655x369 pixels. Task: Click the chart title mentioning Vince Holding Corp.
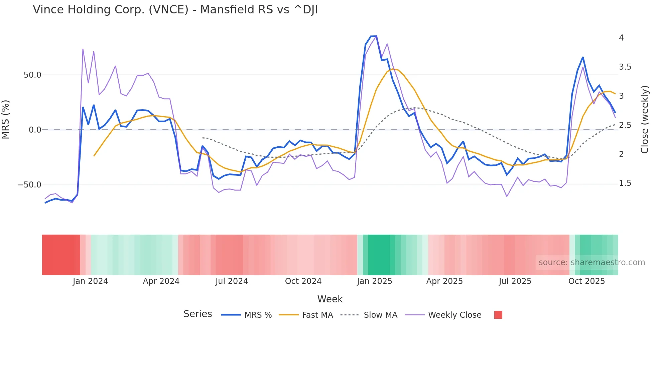point(175,10)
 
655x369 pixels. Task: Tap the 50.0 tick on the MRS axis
point(32,75)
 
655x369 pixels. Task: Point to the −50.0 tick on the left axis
point(29,185)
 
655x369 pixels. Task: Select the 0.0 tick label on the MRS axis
point(35,130)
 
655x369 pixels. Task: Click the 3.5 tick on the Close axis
point(625,67)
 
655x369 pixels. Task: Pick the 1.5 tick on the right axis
point(625,183)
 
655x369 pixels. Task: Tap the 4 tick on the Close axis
point(621,38)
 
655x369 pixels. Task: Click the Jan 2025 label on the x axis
point(374,281)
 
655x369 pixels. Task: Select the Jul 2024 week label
point(232,281)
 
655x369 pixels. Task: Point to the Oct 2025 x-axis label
point(586,281)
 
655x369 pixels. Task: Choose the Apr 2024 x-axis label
point(161,281)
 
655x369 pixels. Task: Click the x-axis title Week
point(330,299)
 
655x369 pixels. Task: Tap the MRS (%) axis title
point(6,120)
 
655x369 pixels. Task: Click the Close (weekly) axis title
point(645,120)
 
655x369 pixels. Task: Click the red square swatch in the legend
point(498,315)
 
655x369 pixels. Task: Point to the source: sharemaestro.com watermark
point(592,263)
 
